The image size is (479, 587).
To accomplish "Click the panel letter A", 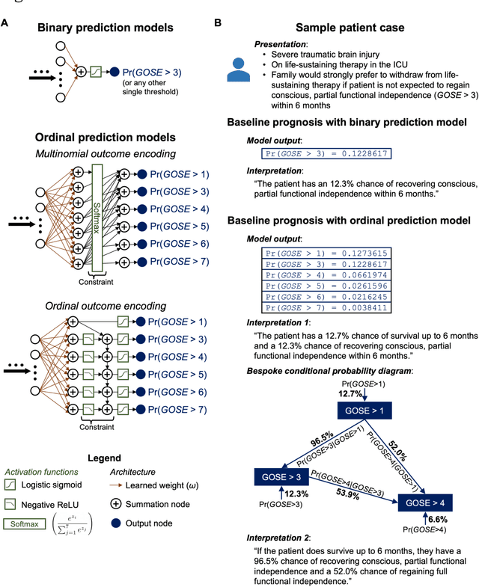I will click(x=6, y=23).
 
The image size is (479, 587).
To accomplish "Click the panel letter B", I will click(x=218, y=23).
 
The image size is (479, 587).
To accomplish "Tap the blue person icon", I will click(x=239, y=66).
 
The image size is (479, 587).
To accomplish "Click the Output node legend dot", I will click(x=115, y=524).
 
